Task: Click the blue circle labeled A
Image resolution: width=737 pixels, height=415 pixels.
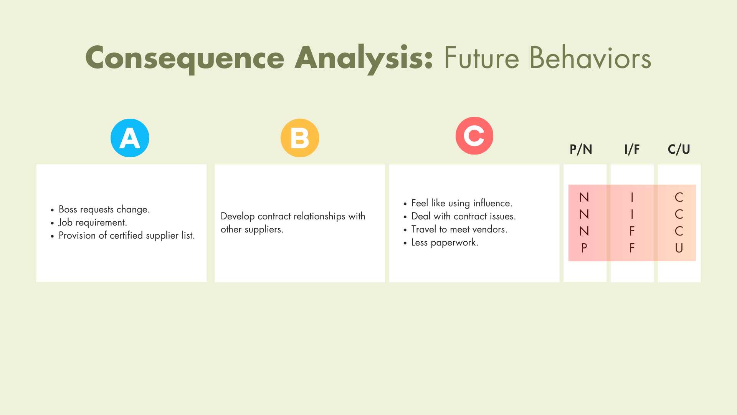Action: click(130, 138)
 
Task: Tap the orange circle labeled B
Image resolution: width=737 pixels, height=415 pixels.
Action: click(300, 138)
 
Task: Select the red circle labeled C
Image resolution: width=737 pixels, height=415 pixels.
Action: click(474, 136)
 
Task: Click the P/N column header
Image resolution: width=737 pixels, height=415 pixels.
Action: click(581, 149)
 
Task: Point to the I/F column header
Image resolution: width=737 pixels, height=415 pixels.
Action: click(632, 149)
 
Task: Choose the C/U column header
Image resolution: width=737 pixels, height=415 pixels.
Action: click(679, 149)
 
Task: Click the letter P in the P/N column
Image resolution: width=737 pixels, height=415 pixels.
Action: click(584, 248)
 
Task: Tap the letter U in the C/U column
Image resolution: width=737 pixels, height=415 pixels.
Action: click(679, 248)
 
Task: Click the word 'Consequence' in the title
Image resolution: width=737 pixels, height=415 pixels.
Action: click(185, 58)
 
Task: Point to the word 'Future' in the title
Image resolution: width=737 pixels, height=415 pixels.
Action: click(482, 58)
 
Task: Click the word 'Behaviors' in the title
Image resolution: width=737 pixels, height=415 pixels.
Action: click(590, 58)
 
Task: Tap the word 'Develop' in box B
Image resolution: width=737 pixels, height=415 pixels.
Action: click(238, 217)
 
